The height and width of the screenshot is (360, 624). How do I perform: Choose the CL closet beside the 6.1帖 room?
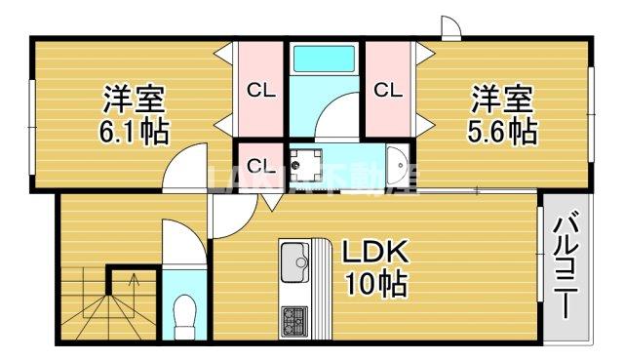pos(260,92)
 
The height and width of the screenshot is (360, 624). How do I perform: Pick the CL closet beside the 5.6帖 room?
pos(388,92)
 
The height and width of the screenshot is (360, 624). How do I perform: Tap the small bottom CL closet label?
pos(260,163)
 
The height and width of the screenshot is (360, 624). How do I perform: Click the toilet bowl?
pos(182,317)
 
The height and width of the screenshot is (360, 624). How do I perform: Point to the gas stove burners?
pos(293,319)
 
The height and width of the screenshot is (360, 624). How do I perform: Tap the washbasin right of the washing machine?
pos(396,166)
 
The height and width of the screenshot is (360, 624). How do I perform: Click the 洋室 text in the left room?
pos(135,100)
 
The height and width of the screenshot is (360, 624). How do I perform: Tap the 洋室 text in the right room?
pos(502,100)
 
